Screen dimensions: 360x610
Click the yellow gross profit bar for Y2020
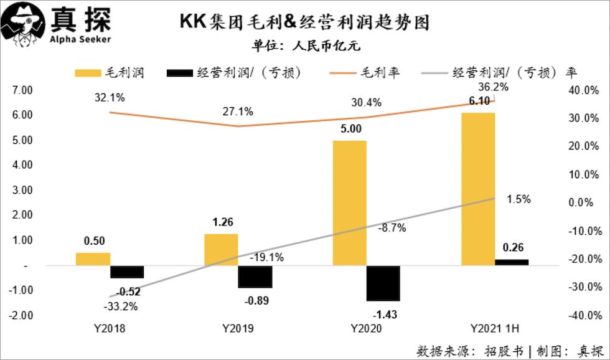(x=349, y=203)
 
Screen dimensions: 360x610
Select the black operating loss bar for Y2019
(x=255, y=277)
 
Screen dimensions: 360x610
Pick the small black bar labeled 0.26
(x=512, y=262)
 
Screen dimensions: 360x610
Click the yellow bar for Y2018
(x=93, y=259)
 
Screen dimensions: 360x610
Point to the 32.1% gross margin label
(x=110, y=97)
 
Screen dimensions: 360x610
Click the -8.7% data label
(x=392, y=228)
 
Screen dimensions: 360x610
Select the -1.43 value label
(x=383, y=312)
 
